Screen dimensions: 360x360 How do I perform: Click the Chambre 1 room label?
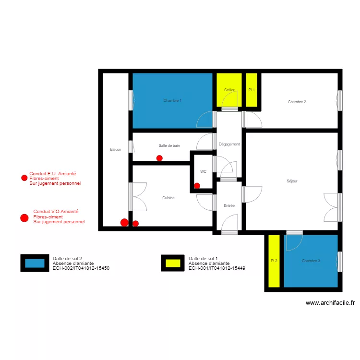172,101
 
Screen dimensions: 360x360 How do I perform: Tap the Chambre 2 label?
297,102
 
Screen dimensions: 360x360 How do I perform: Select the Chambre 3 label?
311,261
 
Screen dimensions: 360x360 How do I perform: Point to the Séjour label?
292,181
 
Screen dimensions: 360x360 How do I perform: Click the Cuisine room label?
168,198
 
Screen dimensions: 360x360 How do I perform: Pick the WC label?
204,171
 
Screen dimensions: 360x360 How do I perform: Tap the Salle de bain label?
169,145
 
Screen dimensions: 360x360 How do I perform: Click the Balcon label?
115,150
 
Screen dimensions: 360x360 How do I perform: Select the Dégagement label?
229,144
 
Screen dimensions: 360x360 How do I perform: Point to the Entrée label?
229,205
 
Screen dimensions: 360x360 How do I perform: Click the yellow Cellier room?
229,90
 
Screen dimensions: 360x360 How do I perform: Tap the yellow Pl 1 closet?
252,90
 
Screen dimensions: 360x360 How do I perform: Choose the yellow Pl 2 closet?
274,261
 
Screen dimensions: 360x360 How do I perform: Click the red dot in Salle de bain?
159,158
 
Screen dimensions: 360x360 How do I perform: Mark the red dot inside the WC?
197,186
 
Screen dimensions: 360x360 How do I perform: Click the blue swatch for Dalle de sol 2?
35,263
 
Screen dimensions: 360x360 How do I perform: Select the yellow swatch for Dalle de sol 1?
173,263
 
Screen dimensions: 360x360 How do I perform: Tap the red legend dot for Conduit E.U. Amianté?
24,178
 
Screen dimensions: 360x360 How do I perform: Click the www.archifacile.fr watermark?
330,303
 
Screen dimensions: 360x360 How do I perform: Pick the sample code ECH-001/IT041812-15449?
217,268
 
